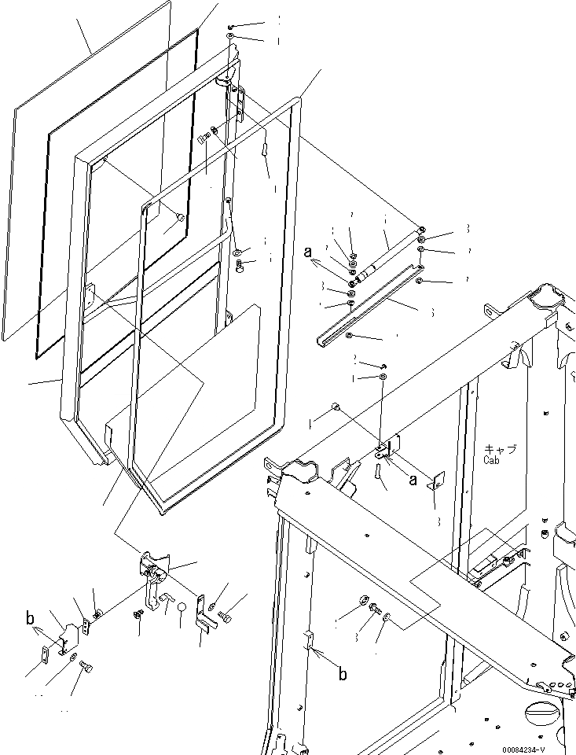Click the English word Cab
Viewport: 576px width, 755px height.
pyautogui.click(x=493, y=459)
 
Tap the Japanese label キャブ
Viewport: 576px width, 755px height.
pyautogui.click(x=500, y=448)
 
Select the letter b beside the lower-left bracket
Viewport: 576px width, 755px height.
pyautogui.click(x=31, y=618)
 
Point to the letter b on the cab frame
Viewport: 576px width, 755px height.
pyautogui.click(x=342, y=675)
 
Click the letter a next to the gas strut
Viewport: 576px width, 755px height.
pyautogui.click(x=309, y=252)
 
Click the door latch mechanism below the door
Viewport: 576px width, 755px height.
pyautogui.click(x=155, y=569)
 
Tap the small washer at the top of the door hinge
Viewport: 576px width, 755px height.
pyautogui.click(x=229, y=37)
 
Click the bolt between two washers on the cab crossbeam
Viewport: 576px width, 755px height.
pyautogui.click(x=372, y=610)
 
